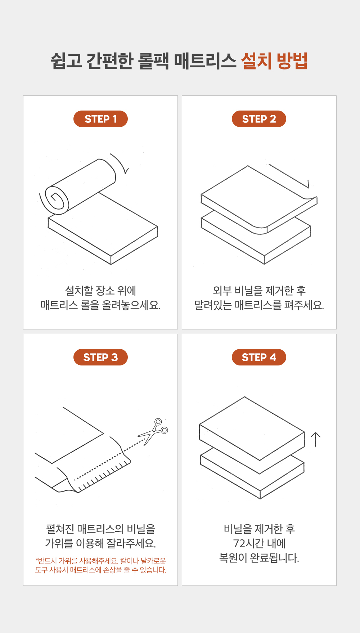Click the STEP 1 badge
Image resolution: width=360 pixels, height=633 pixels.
[100, 119]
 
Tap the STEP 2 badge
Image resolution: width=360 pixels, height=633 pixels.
[259, 119]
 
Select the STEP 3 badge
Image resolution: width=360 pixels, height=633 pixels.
[100, 357]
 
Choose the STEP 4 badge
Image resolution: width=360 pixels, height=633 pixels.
[259, 357]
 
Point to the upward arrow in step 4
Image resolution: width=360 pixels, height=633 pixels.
[315, 440]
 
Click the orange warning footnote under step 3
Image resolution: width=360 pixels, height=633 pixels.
[100, 565]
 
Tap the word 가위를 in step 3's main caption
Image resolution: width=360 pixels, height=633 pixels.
[59, 543]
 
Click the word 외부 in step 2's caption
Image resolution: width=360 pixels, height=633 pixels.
[222, 291]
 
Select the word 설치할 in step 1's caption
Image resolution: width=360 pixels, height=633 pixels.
[79, 291]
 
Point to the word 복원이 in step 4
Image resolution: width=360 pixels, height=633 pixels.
[233, 558]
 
